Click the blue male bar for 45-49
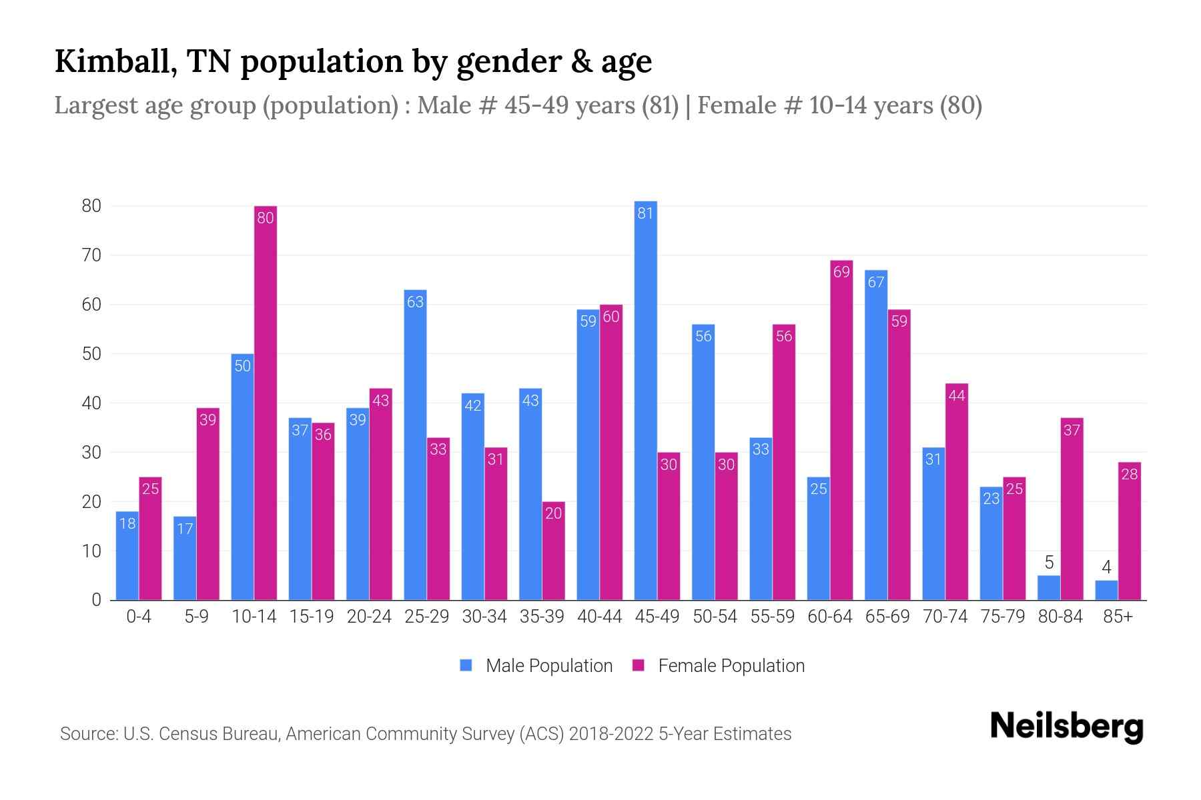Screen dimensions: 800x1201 (x=645, y=400)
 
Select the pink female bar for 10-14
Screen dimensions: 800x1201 (x=266, y=403)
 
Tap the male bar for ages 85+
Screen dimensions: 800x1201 (x=1106, y=591)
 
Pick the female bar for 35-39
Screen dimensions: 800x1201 (x=553, y=551)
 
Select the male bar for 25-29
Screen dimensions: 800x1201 (x=415, y=445)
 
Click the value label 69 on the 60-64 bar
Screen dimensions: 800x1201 (x=841, y=272)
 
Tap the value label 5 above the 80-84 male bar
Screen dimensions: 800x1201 (x=1049, y=562)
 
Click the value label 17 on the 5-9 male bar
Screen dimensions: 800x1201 (x=185, y=529)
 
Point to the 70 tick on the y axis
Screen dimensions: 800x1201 (x=91, y=255)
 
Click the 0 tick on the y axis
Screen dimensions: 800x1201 (x=97, y=600)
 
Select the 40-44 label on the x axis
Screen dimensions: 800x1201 (x=599, y=617)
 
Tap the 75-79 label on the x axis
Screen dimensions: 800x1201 (x=1002, y=617)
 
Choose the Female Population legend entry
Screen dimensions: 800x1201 (x=718, y=666)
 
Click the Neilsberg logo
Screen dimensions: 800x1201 (x=1066, y=727)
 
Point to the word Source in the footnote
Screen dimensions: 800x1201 (x=87, y=734)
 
